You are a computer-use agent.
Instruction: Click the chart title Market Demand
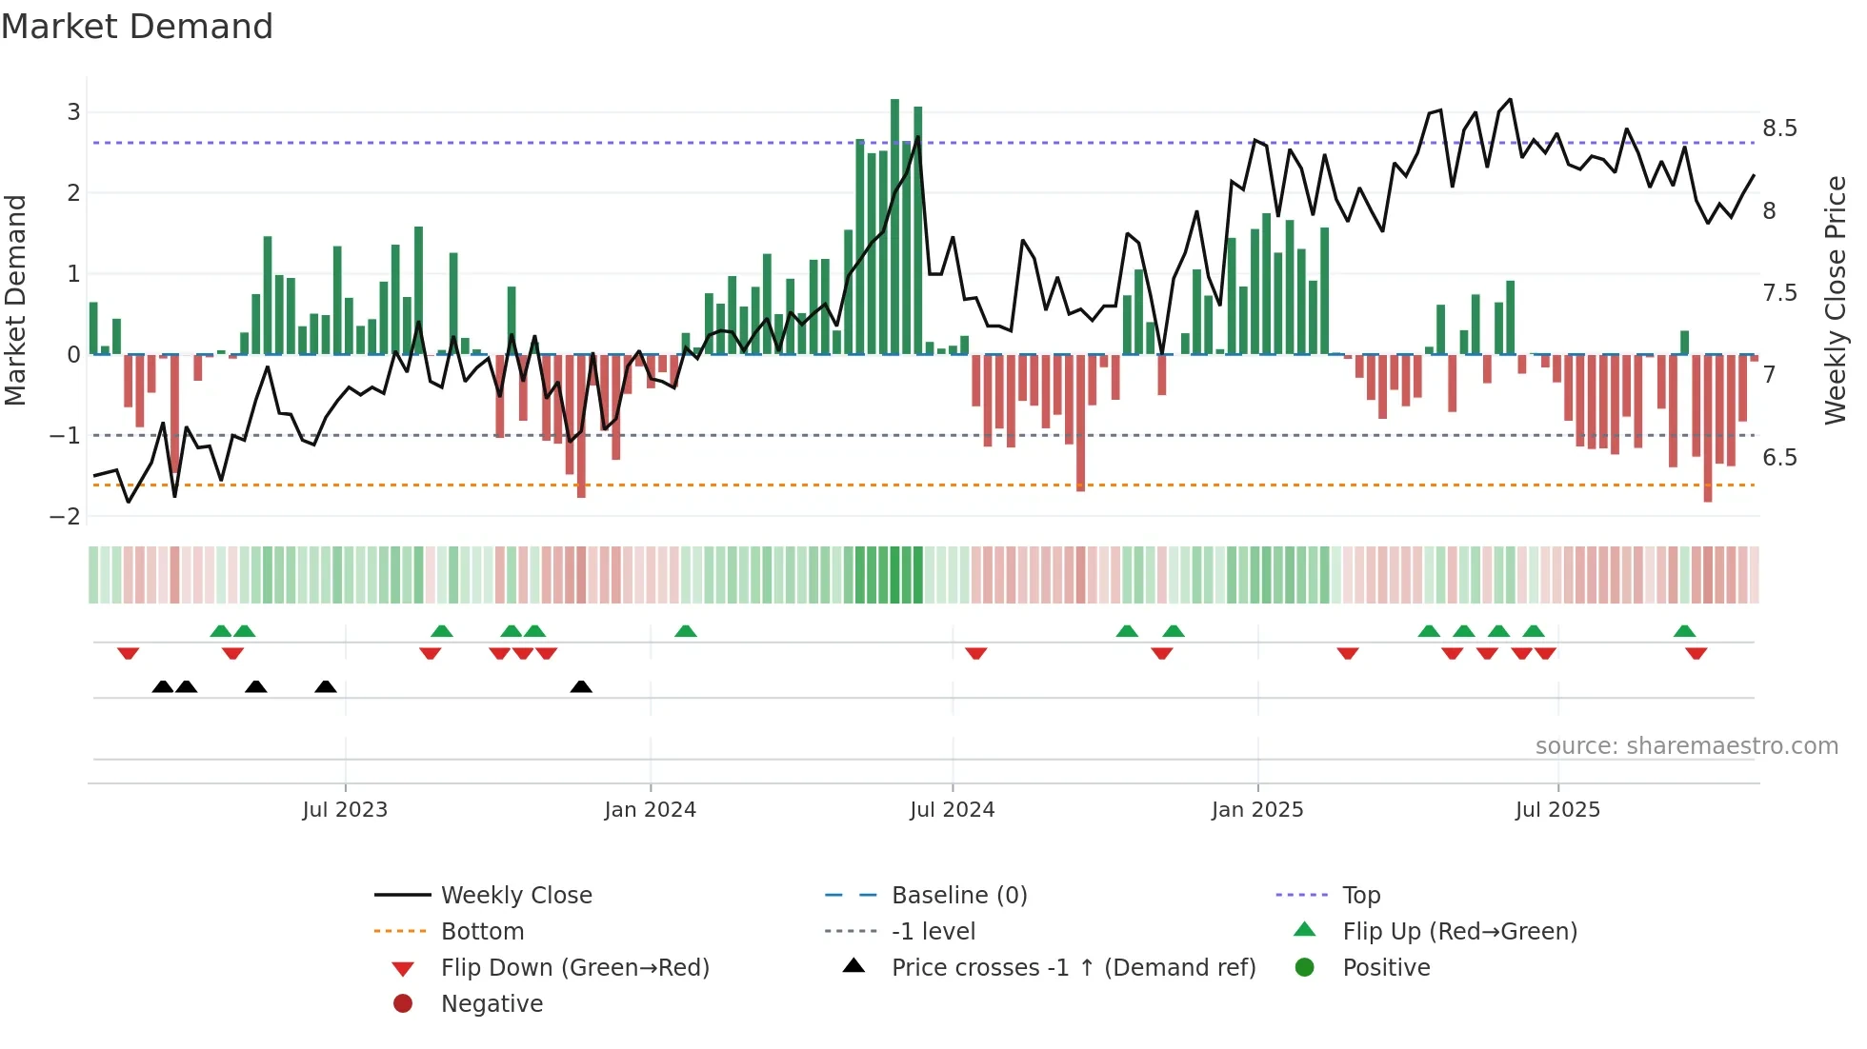coord(137,27)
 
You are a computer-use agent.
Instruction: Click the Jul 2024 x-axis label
coord(952,810)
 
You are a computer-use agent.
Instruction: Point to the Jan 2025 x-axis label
coord(1256,810)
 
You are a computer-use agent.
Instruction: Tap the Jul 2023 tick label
coord(345,810)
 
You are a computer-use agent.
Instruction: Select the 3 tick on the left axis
coord(73,112)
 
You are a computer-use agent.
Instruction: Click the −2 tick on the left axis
coord(67,517)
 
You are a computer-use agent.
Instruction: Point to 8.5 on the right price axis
coord(1778,129)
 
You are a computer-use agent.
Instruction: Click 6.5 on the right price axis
coord(1778,458)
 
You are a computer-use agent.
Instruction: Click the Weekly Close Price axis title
coord(1835,300)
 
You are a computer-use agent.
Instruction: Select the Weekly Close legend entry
coord(515,896)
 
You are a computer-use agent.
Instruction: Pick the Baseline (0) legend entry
coord(958,896)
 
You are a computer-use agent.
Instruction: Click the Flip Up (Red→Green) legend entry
coord(1459,932)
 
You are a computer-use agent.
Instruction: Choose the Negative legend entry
coord(492,1004)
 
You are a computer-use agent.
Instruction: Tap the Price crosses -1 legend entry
coord(1073,968)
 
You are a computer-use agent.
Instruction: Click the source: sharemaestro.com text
coord(1686,746)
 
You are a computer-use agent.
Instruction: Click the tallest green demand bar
coord(894,228)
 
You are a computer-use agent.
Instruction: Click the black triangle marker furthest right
coord(581,686)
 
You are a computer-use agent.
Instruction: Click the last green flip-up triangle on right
coord(1684,631)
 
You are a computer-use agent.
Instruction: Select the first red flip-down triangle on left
coord(129,653)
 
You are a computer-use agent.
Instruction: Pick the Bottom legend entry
coord(482,932)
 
